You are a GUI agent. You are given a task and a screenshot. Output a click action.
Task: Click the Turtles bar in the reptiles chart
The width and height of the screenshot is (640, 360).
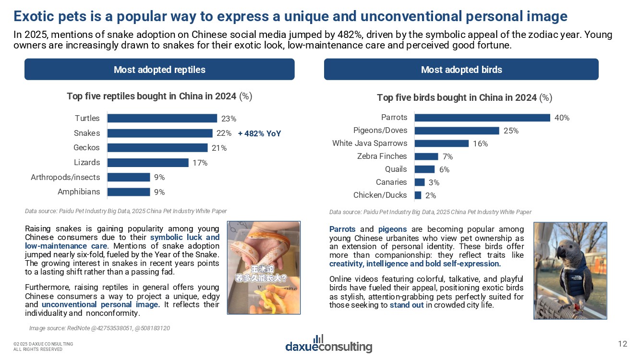[162, 119]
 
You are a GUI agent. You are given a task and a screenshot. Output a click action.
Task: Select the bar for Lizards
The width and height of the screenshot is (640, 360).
[148, 163]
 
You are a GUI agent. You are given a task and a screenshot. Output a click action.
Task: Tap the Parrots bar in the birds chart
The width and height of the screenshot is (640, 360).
[482, 118]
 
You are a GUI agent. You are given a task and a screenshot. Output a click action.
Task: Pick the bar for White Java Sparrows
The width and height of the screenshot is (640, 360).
[441, 144]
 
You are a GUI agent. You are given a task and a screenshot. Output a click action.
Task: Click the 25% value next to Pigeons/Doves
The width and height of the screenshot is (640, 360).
[511, 131]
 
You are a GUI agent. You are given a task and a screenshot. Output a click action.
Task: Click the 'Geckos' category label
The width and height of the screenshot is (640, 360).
[87, 148]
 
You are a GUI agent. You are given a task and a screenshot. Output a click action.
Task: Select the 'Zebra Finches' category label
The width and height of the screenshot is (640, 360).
[382, 156]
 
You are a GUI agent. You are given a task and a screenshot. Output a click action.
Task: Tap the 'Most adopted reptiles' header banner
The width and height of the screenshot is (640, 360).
[159, 70]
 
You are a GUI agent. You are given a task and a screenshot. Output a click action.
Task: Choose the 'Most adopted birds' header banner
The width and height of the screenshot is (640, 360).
[461, 70]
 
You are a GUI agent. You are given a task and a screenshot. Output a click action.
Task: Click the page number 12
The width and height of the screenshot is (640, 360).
[622, 344]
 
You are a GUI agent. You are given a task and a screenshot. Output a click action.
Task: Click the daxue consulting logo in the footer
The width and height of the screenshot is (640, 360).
[329, 344]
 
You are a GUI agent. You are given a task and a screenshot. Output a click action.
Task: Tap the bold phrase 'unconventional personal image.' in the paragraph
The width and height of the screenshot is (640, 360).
[101, 305]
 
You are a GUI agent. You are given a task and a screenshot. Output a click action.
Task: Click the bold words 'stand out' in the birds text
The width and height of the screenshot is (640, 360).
[407, 305]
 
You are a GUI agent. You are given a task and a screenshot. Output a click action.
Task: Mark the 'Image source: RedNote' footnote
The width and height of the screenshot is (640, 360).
[99, 328]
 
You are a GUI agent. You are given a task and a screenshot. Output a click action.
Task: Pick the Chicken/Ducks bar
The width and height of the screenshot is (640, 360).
[418, 195]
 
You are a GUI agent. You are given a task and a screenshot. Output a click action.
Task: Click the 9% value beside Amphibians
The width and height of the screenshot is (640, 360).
[159, 192]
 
